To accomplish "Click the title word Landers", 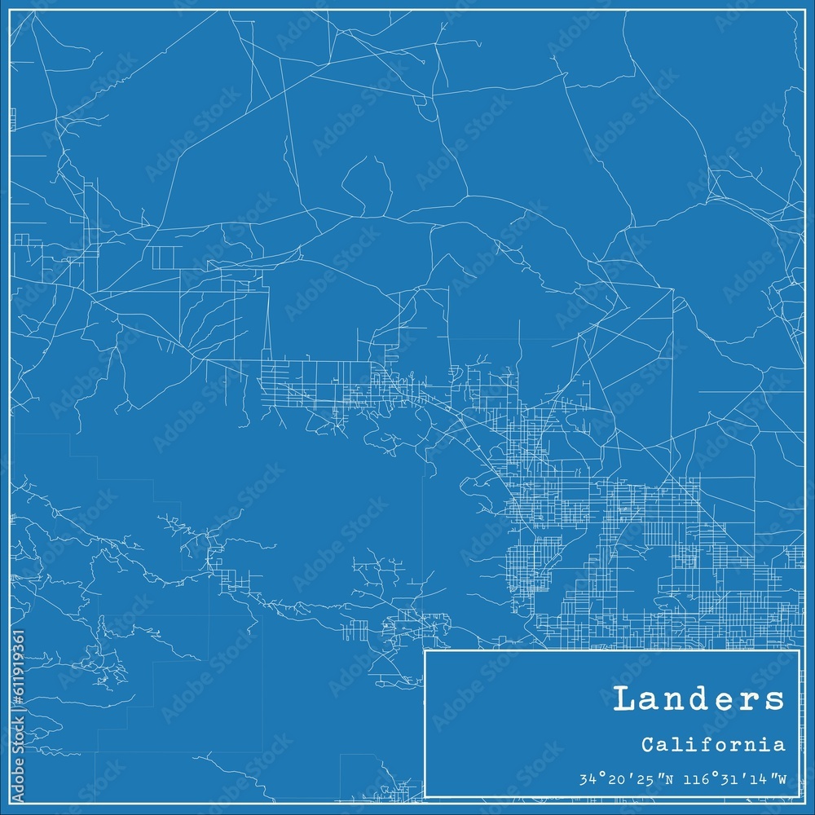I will click(698, 699).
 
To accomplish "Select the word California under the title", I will click(713, 744).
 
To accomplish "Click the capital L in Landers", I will click(623, 699).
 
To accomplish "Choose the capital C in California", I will click(646, 744).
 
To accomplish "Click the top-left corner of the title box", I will click(425, 650).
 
